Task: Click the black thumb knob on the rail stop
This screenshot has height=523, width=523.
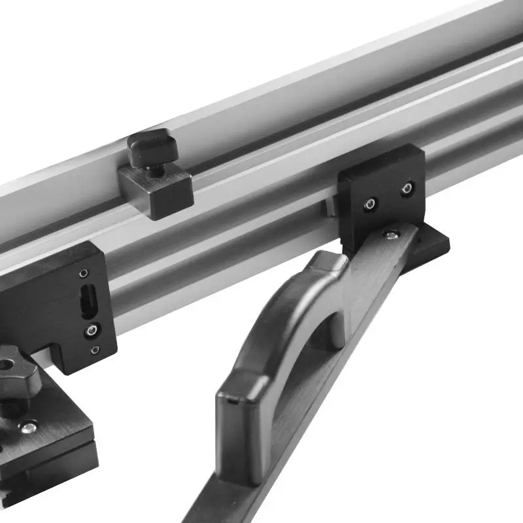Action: point(152,146)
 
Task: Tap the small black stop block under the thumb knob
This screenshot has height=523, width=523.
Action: point(157,190)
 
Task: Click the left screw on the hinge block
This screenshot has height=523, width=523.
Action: point(370,203)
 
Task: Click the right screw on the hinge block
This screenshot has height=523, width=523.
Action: point(407,189)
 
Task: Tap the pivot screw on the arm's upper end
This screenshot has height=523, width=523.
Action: point(391,233)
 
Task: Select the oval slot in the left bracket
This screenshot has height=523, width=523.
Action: point(86,301)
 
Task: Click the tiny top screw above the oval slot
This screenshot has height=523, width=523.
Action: point(83,273)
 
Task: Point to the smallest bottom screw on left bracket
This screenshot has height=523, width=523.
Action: point(96,350)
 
